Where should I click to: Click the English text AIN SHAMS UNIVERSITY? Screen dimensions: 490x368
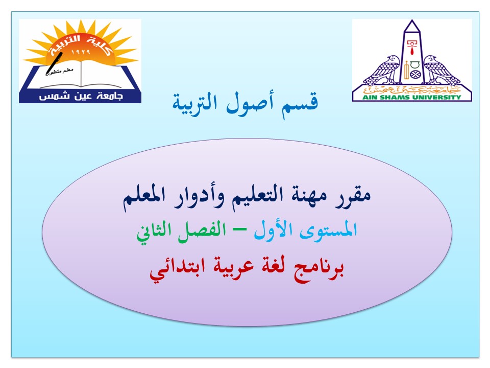pos(412,97)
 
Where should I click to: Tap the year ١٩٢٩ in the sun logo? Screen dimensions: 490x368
pos(81,52)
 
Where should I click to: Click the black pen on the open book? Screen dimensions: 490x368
pos(54,64)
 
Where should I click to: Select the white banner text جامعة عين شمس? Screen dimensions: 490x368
pos(81,96)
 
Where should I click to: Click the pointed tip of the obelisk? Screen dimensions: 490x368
pos(412,20)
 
